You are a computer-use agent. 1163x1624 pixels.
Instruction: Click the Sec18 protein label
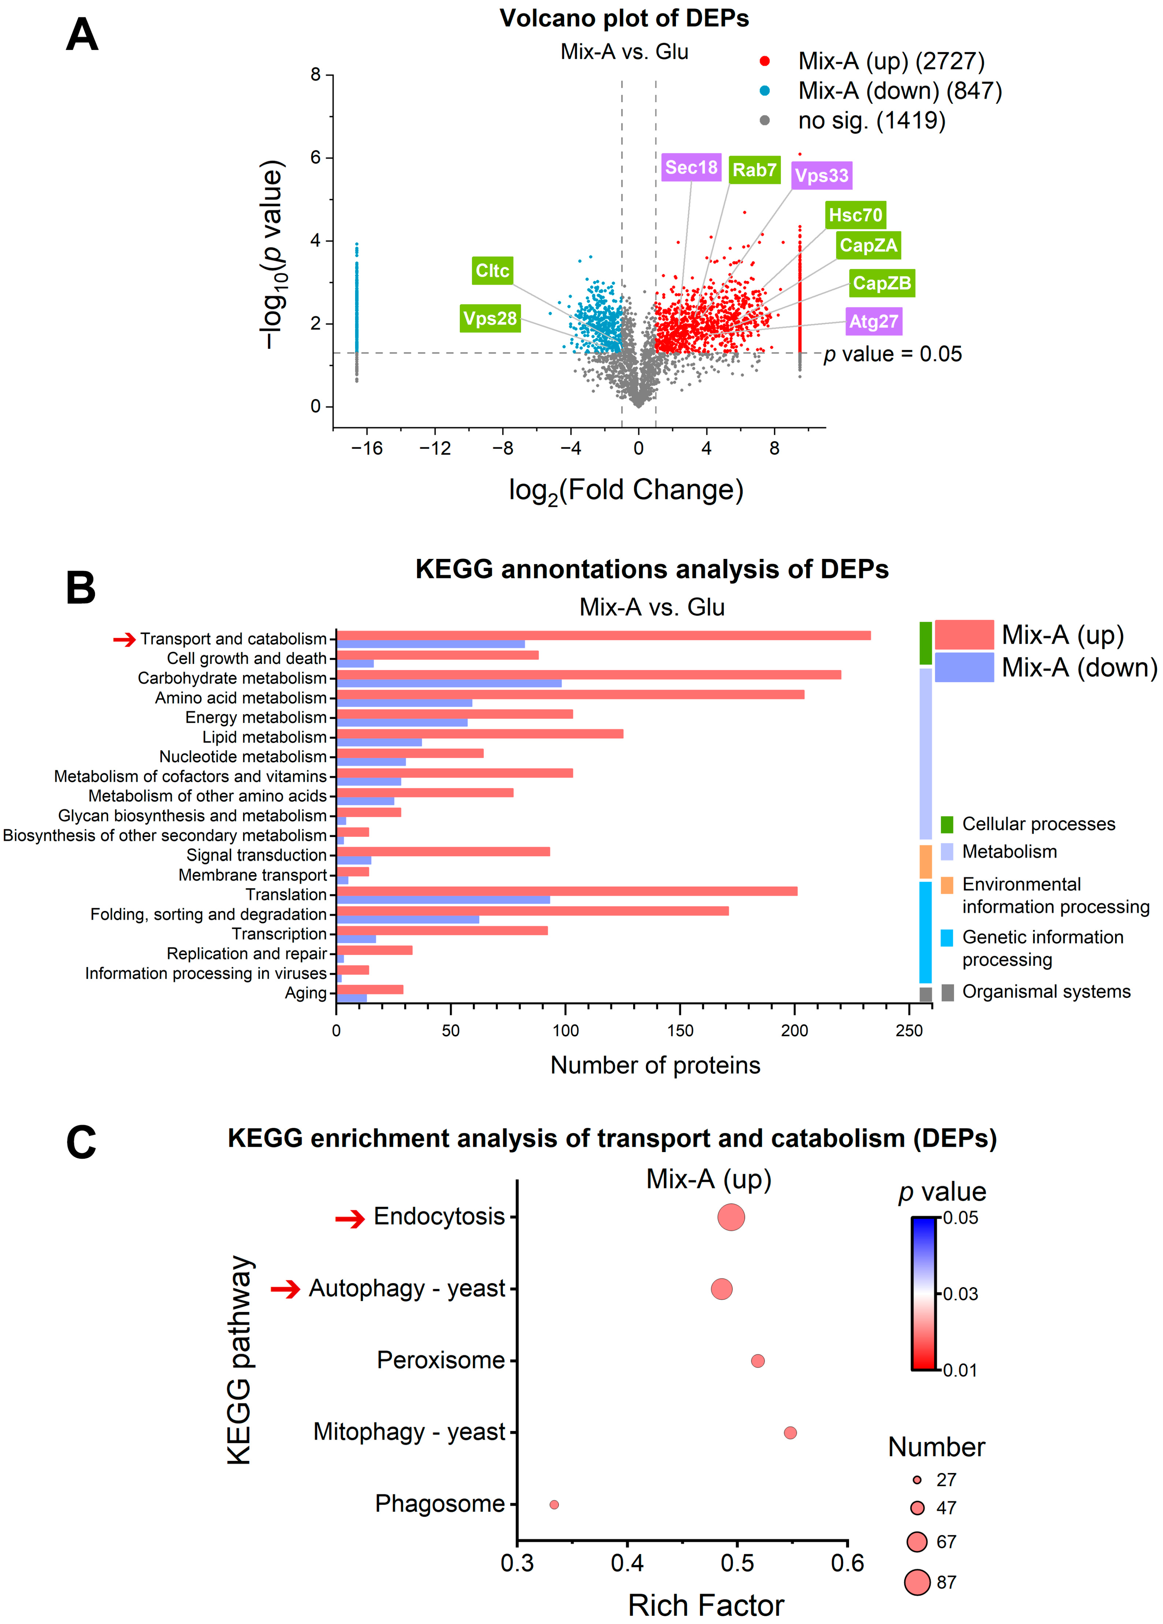[x=690, y=168]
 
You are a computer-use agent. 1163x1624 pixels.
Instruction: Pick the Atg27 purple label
[x=873, y=322]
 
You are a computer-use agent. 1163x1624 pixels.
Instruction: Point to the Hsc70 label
[x=855, y=215]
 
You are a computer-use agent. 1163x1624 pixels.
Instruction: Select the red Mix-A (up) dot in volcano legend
[x=765, y=61]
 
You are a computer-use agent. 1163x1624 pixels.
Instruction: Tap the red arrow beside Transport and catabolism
[x=124, y=639]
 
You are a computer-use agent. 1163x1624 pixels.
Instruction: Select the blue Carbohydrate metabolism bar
[x=449, y=683]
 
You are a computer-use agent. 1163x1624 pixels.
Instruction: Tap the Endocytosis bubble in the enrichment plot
[x=731, y=1217]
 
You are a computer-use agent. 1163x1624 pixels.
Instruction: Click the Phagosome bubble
[x=554, y=1504]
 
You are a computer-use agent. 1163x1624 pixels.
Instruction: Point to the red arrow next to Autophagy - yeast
[x=285, y=1289]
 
